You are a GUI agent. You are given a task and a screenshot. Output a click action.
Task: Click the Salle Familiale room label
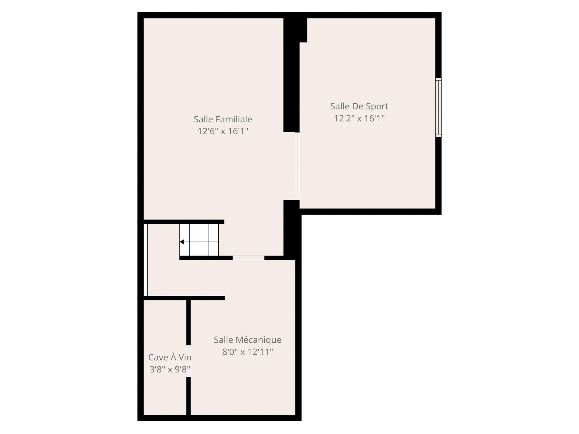pos(223,119)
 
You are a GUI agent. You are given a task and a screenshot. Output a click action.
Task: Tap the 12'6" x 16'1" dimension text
pos(223,131)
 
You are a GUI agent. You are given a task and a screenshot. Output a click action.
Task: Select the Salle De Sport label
pos(359,106)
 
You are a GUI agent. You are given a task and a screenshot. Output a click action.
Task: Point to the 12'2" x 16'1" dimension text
pos(359,118)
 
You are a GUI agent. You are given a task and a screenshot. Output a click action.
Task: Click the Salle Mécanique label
pos(248,340)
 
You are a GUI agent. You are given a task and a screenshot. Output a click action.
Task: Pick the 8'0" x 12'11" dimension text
pos(248,352)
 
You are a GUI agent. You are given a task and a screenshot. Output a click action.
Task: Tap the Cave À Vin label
pos(170,357)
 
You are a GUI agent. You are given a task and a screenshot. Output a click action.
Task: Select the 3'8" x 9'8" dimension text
pos(170,369)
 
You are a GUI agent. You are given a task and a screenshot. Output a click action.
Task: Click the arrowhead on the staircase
pos(182,242)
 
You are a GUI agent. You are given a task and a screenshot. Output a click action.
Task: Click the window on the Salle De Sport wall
pos(438,107)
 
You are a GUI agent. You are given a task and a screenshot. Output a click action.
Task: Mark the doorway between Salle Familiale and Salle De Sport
pos(297,166)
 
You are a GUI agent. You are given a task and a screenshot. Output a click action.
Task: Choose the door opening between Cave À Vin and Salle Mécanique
pos(188,361)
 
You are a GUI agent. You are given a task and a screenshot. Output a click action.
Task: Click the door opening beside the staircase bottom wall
pos(248,258)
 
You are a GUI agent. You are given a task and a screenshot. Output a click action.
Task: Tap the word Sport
pos(377,107)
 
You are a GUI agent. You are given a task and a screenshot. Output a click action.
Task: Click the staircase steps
pos(199,240)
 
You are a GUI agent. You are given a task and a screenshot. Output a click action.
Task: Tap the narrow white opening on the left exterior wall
pos(145,260)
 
